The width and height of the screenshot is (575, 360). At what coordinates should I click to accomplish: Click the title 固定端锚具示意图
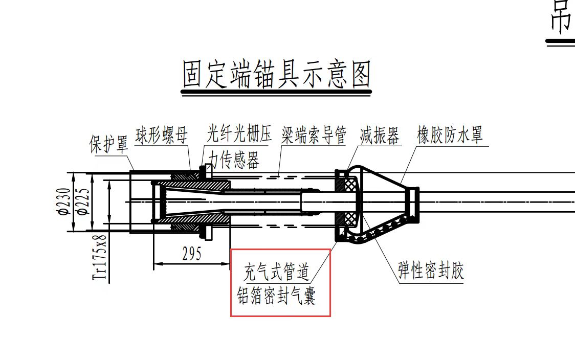276,75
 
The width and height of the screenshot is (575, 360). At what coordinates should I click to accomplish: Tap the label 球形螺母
161,136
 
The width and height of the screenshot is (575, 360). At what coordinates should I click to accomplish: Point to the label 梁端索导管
314,136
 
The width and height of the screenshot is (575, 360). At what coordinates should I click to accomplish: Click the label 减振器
379,136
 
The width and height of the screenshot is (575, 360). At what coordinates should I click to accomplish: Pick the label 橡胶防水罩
450,136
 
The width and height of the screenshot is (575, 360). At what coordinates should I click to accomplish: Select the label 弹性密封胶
431,271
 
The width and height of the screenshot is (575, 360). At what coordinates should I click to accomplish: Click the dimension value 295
192,254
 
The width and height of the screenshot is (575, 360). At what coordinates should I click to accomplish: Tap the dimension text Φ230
63,202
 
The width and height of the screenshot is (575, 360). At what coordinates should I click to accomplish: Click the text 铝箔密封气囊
276,296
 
